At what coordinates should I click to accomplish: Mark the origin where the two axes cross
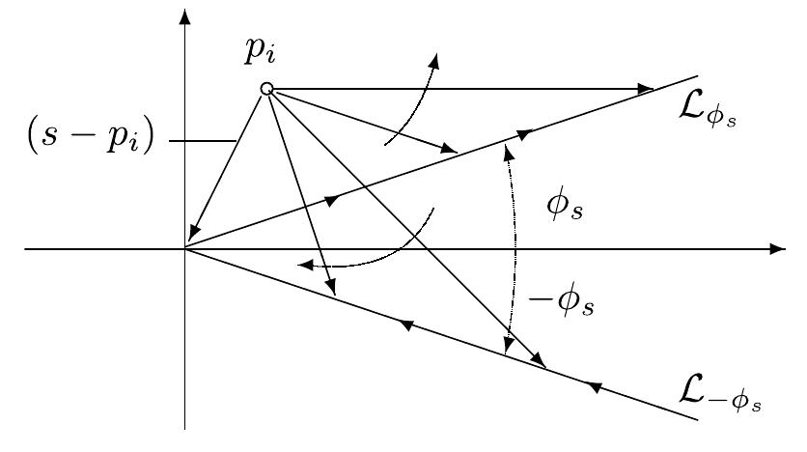tap(184, 249)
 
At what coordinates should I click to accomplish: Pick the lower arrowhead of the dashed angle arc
tap(507, 349)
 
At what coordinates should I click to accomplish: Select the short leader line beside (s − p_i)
tap(203, 142)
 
